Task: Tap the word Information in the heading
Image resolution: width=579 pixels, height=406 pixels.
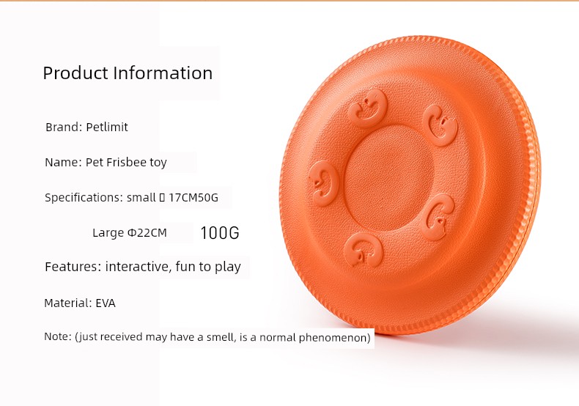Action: tap(163, 73)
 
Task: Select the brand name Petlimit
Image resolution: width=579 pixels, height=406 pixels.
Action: tap(107, 127)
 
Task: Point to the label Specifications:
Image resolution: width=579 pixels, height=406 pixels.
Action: tap(84, 197)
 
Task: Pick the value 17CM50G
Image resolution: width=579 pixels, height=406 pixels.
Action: tap(193, 197)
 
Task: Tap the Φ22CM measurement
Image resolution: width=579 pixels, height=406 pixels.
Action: tap(147, 232)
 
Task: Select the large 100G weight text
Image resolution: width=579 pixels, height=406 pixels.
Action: tap(220, 233)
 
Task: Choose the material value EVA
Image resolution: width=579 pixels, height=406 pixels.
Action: tap(106, 303)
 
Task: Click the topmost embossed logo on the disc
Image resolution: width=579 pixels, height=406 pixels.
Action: tap(367, 108)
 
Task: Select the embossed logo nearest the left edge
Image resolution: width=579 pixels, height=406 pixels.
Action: tap(324, 182)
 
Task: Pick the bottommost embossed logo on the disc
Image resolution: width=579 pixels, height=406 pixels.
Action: tap(364, 249)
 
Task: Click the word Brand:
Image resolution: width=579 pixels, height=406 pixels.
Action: tap(64, 127)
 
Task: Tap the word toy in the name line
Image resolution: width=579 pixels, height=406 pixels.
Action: tap(158, 163)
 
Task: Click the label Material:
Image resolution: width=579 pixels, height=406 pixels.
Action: tap(68, 303)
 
